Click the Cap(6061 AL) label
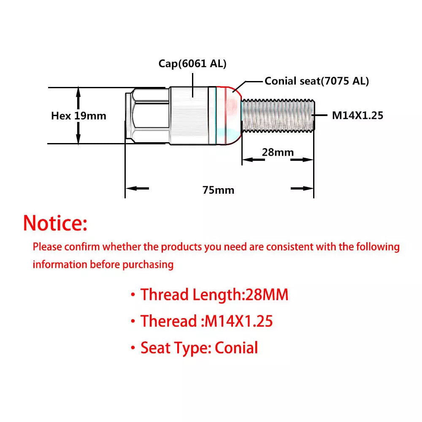click(x=192, y=64)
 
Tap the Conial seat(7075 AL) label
click(x=316, y=81)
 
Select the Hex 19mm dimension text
click(x=78, y=116)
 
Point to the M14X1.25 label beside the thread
click(x=357, y=116)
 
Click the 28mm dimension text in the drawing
click(x=278, y=152)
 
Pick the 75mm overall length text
click(x=218, y=190)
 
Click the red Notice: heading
click(x=55, y=223)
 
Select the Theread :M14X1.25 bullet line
click(x=201, y=321)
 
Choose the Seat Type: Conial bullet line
click(x=194, y=348)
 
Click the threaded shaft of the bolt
click(x=278, y=116)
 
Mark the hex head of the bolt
click(x=147, y=116)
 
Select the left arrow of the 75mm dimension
click(x=137, y=188)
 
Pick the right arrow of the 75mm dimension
click(x=302, y=188)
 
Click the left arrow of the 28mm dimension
click(x=254, y=160)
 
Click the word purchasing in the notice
click(x=148, y=265)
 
